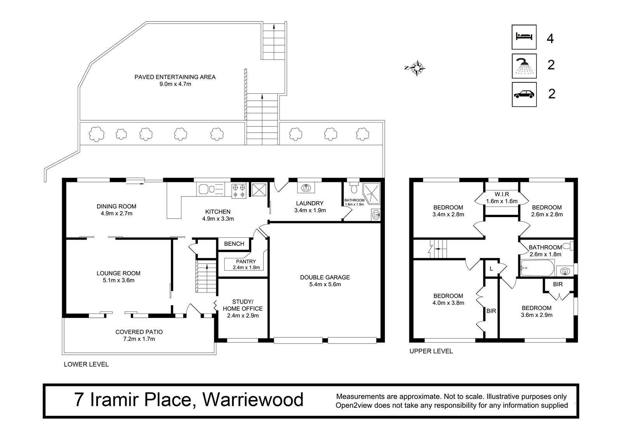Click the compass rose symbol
[x=417, y=68]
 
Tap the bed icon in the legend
[x=524, y=37]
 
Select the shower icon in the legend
[x=524, y=66]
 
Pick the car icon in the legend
[x=524, y=95]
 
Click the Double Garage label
[x=325, y=281]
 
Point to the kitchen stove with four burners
[x=239, y=191]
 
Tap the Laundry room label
[x=310, y=207]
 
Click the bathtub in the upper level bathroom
[x=538, y=268]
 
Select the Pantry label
[x=246, y=264]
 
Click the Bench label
[x=234, y=244]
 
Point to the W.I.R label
[x=502, y=198]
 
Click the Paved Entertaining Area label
[x=175, y=80]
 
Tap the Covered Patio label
[x=139, y=335]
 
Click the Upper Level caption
[x=431, y=351]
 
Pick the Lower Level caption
[x=86, y=364]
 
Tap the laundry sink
[x=306, y=188]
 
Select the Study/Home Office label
[x=243, y=309]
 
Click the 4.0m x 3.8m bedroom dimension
[x=448, y=303]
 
